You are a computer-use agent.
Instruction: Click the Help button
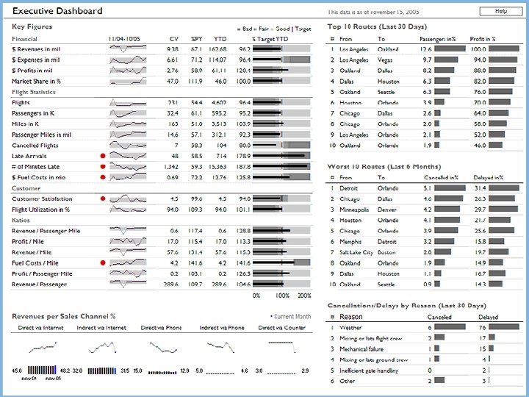tap(500, 12)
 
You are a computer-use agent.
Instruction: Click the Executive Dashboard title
tap(58, 12)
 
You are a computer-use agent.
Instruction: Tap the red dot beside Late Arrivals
tap(102, 157)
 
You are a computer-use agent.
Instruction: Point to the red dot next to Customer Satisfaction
tap(102, 199)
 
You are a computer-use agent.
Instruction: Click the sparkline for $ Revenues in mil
tap(128, 49)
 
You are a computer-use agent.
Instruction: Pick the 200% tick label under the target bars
tap(303, 295)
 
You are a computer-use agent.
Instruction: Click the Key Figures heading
tap(32, 27)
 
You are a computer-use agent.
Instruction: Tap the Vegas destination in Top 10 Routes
tap(386, 60)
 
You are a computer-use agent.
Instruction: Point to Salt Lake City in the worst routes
tap(356, 252)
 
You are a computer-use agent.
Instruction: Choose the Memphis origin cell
tap(352, 241)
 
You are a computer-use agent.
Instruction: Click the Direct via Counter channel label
tap(285, 328)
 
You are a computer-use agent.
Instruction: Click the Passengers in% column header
tap(436, 38)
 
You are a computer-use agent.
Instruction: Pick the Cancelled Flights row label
tap(35, 146)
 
